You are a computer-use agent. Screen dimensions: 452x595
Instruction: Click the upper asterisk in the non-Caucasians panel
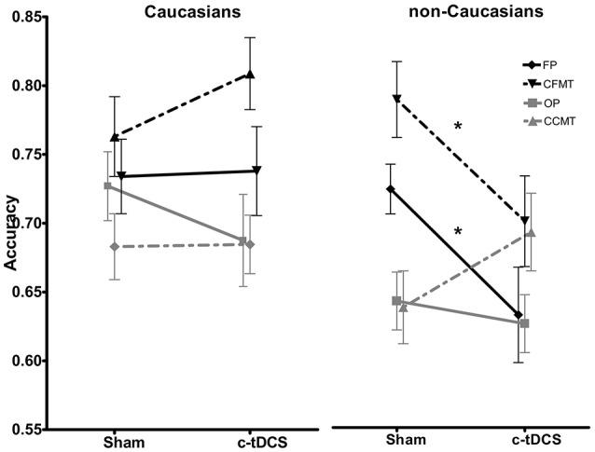pos(458,127)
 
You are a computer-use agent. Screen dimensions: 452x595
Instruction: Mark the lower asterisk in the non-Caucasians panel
pos(458,232)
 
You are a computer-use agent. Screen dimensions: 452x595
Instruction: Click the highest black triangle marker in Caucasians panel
pos(250,75)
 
